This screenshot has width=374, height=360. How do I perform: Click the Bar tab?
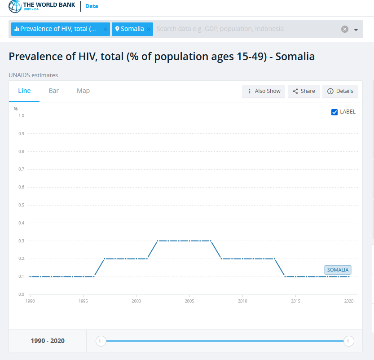coord(53,91)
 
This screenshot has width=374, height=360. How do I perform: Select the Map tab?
coord(83,91)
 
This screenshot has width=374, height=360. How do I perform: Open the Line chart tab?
coord(24,91)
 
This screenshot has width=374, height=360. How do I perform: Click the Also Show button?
coord(264,91)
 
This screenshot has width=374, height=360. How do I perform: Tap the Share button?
coord(304,91)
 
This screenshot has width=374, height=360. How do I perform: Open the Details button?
coord(340,91)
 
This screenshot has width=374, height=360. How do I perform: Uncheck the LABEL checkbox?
coord(334,112)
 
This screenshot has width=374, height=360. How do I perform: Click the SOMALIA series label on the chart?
coord(338,270)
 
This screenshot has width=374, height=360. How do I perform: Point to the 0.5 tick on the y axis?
coord(21,205)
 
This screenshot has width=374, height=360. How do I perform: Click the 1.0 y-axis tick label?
coord(21,116)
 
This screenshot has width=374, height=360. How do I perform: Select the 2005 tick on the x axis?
coord(189,301)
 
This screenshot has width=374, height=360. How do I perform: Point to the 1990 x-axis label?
coord(31,301)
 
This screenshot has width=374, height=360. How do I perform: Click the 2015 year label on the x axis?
coord(295,301)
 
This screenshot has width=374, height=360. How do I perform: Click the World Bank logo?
coord(42,6)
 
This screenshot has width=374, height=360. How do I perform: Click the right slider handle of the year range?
coord(348,341)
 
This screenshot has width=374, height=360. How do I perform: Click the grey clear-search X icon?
coord(345,29)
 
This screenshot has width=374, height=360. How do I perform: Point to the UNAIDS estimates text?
coord(34,75)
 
